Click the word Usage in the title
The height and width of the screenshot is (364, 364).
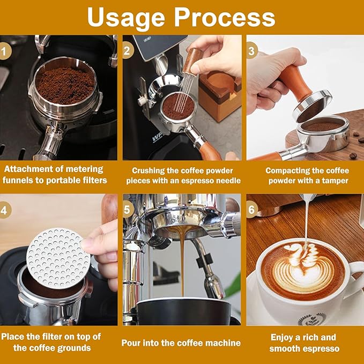tap(127, 17)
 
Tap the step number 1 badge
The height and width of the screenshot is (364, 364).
tap(5, 51)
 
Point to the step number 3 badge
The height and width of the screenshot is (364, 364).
tap(252, 51)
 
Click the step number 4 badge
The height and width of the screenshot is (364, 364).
tap(5, 210)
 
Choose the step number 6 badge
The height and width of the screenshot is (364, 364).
tap(252, 210)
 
